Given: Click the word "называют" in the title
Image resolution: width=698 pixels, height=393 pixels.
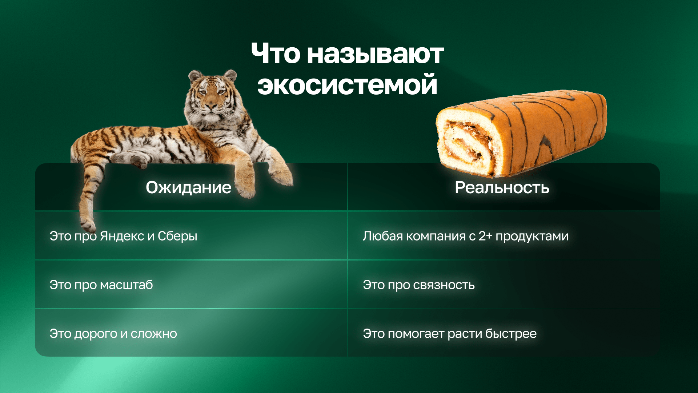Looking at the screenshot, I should tap(375, 54).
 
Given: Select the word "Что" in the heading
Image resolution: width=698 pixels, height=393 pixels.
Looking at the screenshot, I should tap(276, 54).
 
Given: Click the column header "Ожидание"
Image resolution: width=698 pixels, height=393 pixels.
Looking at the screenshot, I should tap(188, 188).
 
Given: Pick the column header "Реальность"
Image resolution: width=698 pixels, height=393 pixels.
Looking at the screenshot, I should tap(502, 188).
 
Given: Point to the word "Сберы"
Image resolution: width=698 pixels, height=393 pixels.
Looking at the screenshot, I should tap(177, 236).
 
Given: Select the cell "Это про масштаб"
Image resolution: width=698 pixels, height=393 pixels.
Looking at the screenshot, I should tap(101, 285).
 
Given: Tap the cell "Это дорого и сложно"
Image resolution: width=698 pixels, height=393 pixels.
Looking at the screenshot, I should tap(113, 334).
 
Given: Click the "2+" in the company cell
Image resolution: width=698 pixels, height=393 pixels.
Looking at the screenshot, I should tap(485, 236).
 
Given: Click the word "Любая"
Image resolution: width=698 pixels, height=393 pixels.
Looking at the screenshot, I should tap(382, 236).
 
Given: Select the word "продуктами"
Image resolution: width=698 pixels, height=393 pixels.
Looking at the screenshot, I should tap(532, 236).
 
